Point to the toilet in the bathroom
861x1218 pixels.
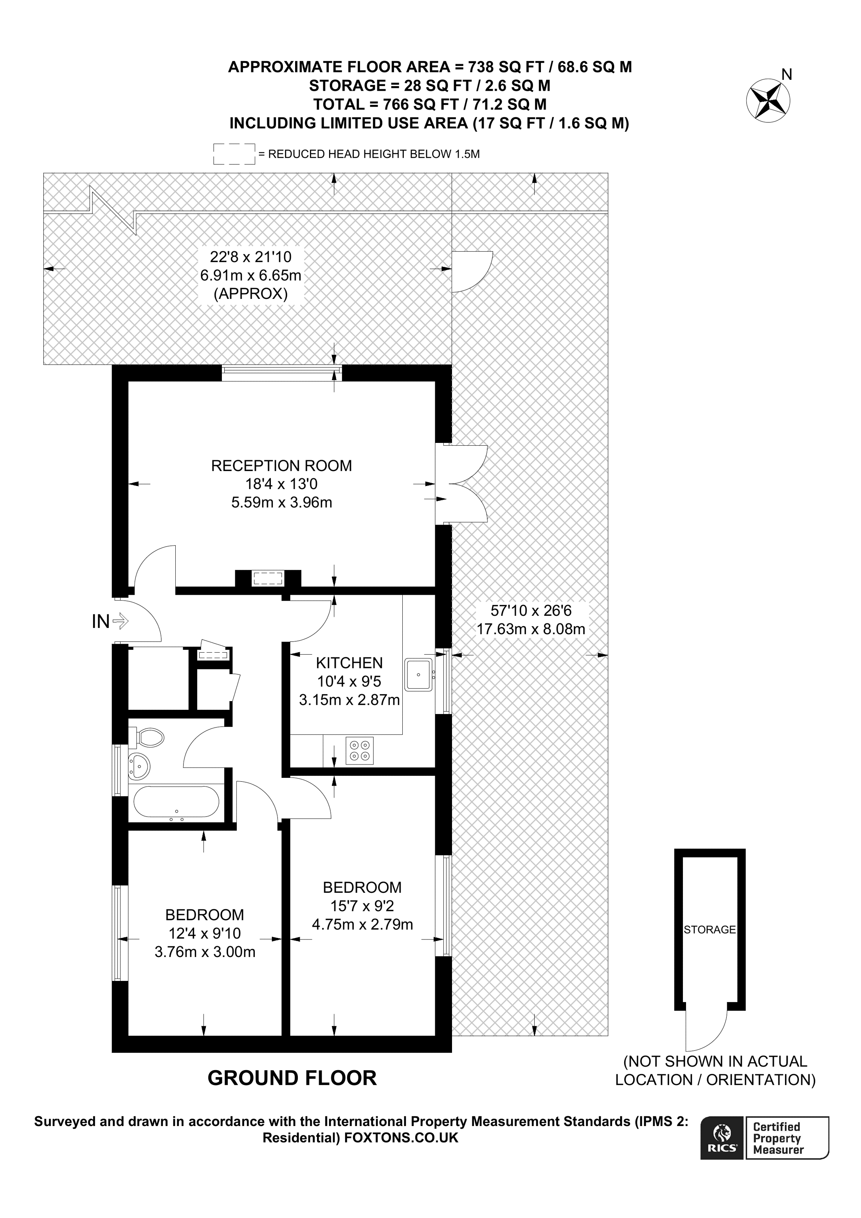coord(148,738)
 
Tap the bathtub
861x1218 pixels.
coord(176,802)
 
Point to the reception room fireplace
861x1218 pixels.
coord(268,578)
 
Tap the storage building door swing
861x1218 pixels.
coord(706,1028)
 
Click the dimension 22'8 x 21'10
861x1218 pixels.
coord(250,257)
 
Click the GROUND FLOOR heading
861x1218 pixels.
coord(292,1078)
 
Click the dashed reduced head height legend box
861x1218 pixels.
coord(234,154)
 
